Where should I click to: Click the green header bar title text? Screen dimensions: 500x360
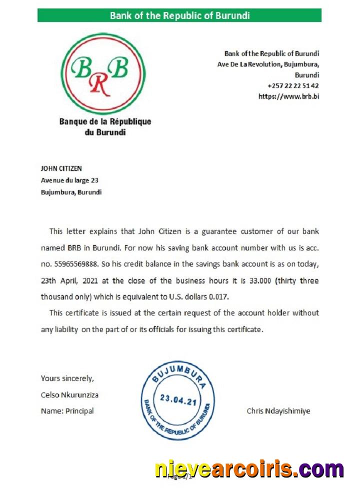179,15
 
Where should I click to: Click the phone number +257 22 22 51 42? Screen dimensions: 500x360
293,85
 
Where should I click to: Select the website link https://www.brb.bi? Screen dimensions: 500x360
288,96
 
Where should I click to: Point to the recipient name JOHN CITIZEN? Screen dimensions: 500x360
61,168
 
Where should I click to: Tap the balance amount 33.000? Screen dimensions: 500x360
257,281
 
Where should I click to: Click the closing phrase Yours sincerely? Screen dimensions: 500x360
67,378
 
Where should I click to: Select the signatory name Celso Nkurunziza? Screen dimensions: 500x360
69,394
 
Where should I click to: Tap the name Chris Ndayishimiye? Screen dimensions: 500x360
278,411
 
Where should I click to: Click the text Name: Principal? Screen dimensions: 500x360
67,411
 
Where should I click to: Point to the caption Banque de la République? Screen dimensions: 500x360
105,121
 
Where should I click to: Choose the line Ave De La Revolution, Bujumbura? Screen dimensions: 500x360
268,64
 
